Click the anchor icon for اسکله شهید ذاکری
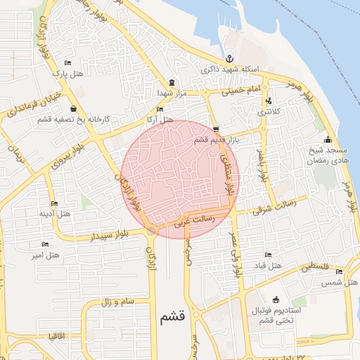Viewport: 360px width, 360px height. (x=229, y=58)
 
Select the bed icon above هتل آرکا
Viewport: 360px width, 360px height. (x=160, y=110)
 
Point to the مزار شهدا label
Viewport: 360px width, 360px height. (x=170, y=93)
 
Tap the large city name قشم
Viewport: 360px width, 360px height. (x=172, y=317)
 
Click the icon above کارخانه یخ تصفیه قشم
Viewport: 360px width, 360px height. (x=74, y=108)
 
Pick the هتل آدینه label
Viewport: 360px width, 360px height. (x=54, y=213)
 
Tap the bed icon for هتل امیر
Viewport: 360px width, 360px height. (x=46, y=244)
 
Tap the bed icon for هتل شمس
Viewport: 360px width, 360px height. (x=340, y=271)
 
